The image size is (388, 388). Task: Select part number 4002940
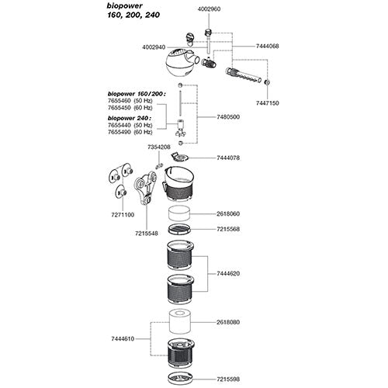point(156,47)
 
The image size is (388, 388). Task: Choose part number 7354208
point(158,147)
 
